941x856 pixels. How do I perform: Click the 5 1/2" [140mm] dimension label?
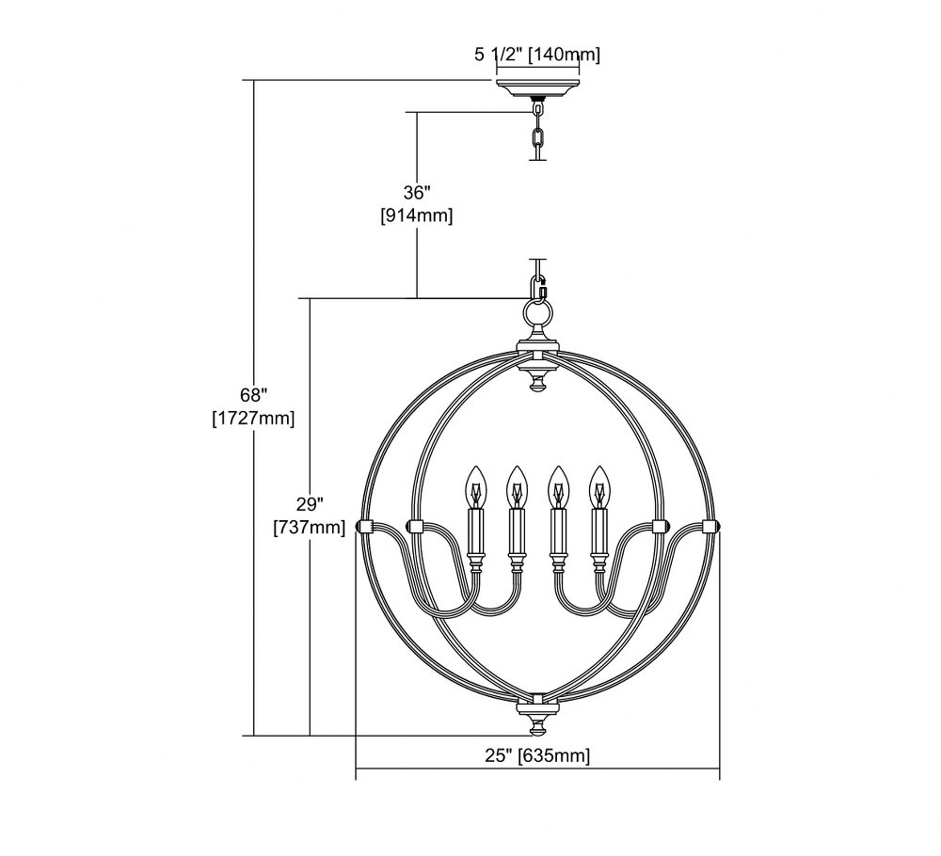pos(537,55)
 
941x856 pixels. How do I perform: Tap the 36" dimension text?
pos(417,193)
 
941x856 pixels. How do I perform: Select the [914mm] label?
pos(417,214)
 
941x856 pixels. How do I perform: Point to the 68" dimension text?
pos(252,395)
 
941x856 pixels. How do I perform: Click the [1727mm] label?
pos(253,418)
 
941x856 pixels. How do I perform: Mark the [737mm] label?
pos(310,528)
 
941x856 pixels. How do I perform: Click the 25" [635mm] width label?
pos(537,755)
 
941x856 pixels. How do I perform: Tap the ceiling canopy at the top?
pos(537,87)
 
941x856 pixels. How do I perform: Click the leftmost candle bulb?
pos(475,487)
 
